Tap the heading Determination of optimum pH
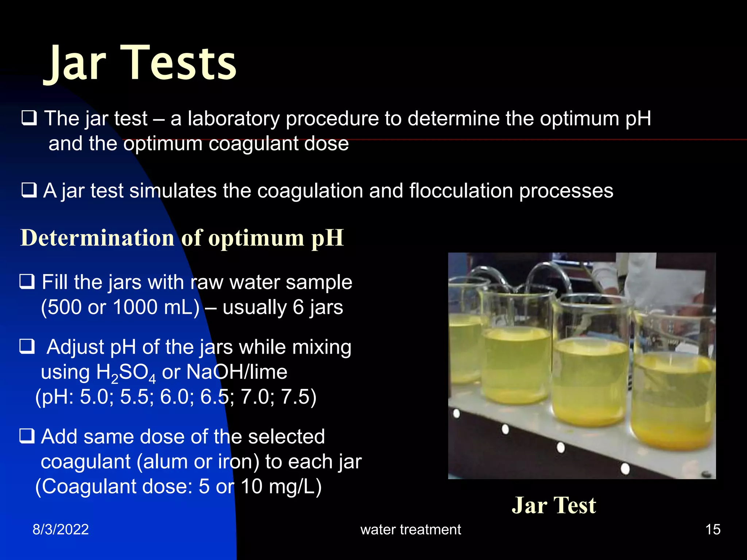click(x=182, y=238)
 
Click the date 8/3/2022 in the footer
click(x=61, y=529)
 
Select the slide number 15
click(x=713, y=529)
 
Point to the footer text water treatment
click(x=411, y=529)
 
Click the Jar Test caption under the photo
click(x=554, y=505)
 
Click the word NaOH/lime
click(x=237, y=372)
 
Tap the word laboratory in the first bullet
click(x=233, y=118)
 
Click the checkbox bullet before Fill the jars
click(x=27, y=282)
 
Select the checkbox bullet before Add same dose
click(x=27, y=436)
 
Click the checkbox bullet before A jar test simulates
click(x=29, y=190)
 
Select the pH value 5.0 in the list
click(x=94, y=397)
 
